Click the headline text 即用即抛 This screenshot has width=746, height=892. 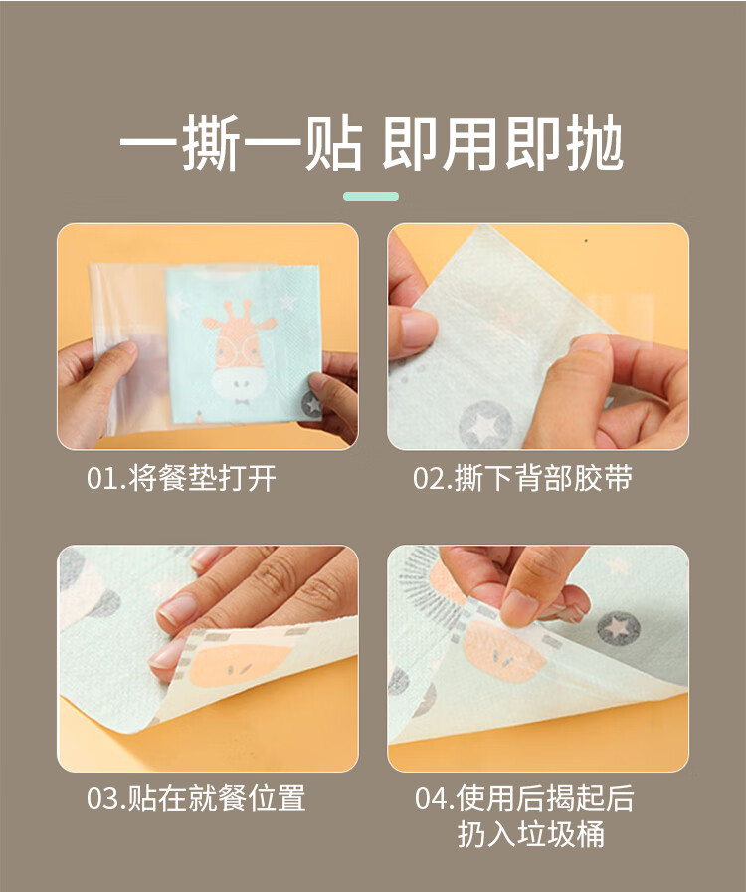coord(503,146)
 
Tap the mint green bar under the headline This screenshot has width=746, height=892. coord(371,196)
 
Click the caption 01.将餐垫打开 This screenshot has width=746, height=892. coord(181,479)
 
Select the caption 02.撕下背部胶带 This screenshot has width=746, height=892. coord(522,479)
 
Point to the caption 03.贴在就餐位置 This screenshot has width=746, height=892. coord(196,798)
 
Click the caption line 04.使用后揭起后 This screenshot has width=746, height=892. coord(524,798)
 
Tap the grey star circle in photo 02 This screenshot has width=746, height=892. coord(485,425)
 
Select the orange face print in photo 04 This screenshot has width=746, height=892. coord(504,652)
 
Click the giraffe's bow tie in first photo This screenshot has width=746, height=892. coord(239,404)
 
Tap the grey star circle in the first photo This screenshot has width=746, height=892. coord(311,403)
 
